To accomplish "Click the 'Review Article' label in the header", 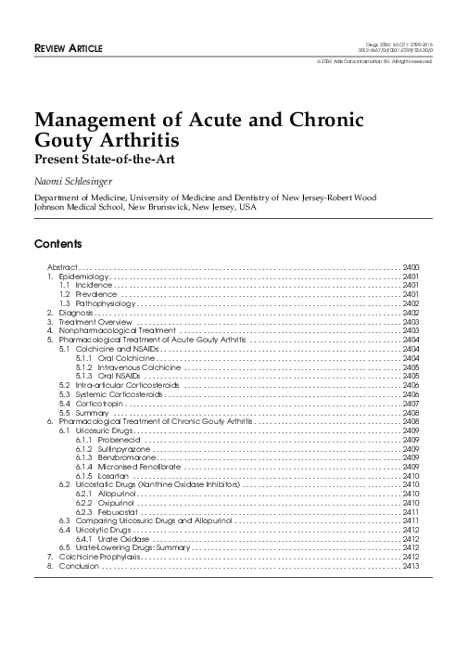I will coord(69,47).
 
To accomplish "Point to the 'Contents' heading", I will coord(57,245).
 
